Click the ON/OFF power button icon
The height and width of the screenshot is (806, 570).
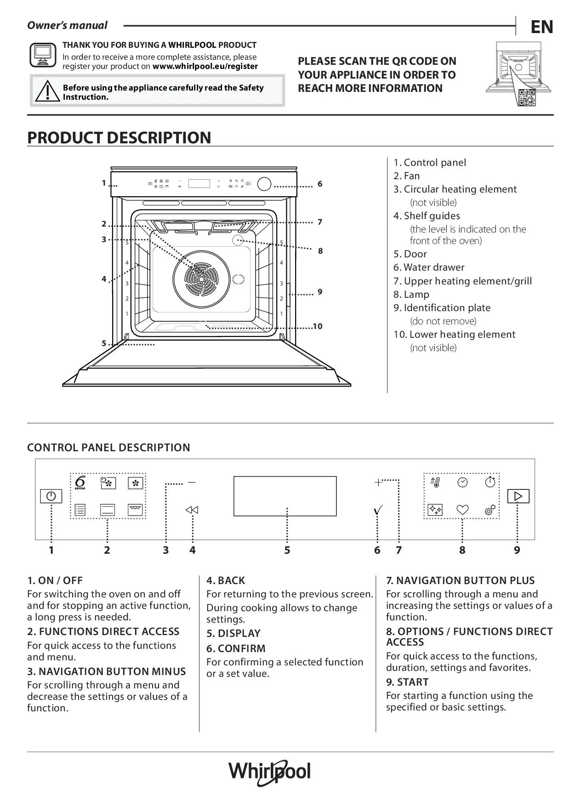[51, 496]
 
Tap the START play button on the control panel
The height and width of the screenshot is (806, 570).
[518, 496]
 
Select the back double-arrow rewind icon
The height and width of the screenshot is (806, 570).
[192, 510]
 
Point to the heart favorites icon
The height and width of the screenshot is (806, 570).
[462, 510]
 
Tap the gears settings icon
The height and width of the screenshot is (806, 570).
[490, 510]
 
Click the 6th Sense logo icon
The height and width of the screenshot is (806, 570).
[80, 482]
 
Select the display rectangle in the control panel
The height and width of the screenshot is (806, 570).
[285, 496]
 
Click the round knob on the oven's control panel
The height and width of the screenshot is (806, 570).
[264, 184]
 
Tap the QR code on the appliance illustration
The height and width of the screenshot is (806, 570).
[527, 97]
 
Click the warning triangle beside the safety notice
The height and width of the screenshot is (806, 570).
[47, 91]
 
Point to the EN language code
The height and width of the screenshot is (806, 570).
[542, 28]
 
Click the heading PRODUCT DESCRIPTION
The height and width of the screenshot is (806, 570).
[119, 137]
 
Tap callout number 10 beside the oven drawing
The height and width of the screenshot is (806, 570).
[318, 326]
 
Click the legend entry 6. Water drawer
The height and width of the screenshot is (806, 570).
[429, 267]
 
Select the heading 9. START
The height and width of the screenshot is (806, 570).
[407, 682]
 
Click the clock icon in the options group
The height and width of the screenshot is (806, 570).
[462, 482]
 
